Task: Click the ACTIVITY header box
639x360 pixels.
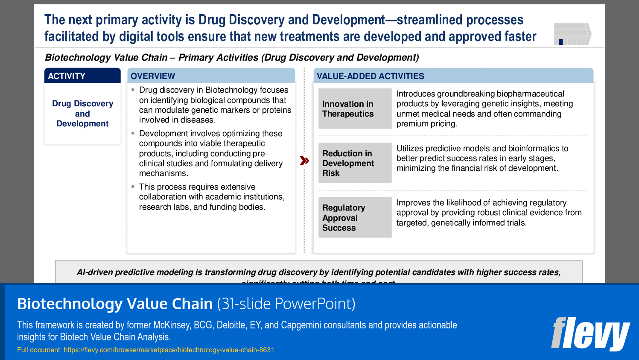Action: tap(82, 76)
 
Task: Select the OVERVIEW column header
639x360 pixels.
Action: tap(211, 76)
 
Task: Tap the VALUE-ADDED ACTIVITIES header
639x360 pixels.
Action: tap(453, 76)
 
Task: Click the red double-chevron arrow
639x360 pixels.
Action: tap(304, 161)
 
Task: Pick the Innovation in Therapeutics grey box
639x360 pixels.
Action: tap(355, 109)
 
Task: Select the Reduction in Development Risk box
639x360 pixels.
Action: tap(355, 163)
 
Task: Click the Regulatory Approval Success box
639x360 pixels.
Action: tap(355, 217)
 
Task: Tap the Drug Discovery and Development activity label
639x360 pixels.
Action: tap(82, 114)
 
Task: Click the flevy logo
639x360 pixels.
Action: tap(590, 334)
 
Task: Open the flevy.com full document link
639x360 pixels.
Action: tap(169, 350)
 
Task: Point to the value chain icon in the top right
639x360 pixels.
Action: tap(572, 34)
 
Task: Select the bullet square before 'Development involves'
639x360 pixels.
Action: tap(133, 133)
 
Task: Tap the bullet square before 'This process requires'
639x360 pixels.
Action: tap(133, 187)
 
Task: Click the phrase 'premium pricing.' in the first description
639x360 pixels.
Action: tap(426, 124)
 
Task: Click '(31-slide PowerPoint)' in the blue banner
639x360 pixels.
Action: tap(286, 304)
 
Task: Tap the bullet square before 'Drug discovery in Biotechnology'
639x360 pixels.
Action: tap(133, 90)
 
